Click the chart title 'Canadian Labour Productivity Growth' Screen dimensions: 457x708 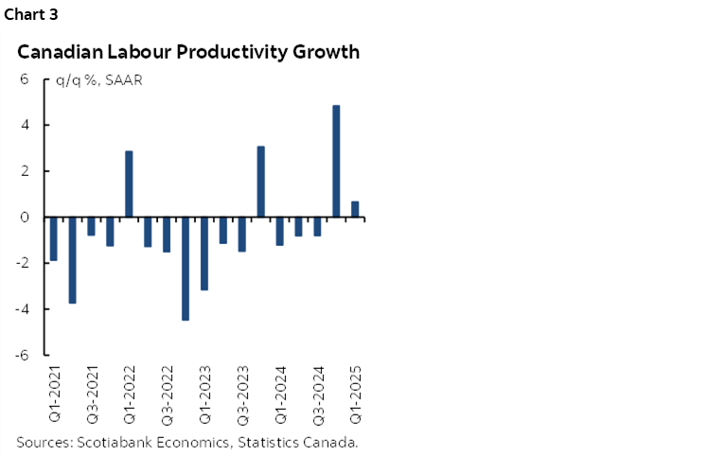click(188, 52)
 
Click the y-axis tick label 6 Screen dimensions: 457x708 click(26, 79)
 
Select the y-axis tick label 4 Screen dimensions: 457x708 click(26, 125)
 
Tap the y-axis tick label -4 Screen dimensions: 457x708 click(24, 309)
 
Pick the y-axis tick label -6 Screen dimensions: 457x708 click(24, 355)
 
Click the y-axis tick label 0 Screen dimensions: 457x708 click(26, 218)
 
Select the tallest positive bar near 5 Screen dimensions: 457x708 click(336, 161)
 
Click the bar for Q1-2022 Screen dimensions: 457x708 click(129, 184)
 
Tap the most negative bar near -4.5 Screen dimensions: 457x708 click(186, 269)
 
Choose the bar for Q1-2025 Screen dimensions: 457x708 click(355, 209)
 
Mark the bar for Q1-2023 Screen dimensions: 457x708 click(204, 254)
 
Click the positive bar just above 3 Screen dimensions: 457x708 click(261, 182)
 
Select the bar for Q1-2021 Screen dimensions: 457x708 click(54, 238)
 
